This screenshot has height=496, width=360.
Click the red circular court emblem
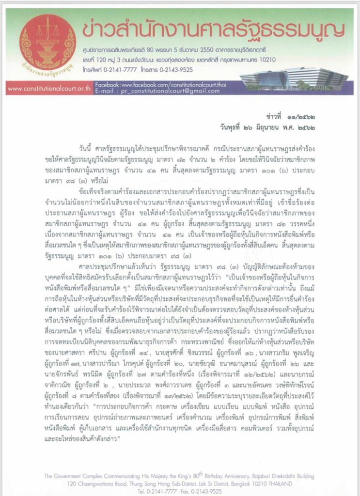41,41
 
